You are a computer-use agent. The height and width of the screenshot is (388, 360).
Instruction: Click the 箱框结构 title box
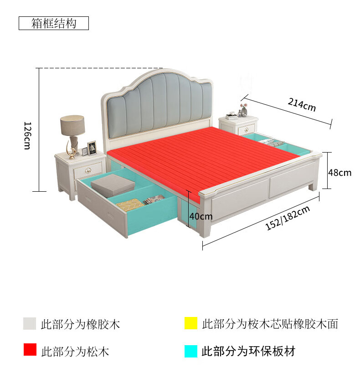coord(54,24)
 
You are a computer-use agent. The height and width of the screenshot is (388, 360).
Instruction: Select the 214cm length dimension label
coord(301,105)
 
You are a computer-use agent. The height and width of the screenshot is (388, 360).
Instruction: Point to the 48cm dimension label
coord(339,173)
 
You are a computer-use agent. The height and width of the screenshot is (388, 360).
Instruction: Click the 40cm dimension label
coord(201,216)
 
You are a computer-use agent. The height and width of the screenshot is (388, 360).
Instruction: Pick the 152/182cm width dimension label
coord(288,218)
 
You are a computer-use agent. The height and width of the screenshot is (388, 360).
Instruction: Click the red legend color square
coord(30,350)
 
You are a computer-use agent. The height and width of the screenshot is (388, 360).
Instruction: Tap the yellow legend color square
coord(191,324)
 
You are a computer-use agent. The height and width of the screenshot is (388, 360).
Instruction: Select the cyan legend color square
coord(191,351)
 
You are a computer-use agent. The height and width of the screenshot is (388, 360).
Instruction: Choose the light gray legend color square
coord(30,324)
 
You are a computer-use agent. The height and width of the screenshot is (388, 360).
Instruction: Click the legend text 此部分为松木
coord(75,351)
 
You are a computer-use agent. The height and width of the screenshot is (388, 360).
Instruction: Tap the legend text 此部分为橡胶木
coord(81,324)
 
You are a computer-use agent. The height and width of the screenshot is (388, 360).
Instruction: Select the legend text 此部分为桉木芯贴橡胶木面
coord(270,324)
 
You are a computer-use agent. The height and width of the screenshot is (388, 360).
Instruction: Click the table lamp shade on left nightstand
coord(72,125)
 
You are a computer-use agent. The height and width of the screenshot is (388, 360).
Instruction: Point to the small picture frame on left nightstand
coord(92,147)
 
